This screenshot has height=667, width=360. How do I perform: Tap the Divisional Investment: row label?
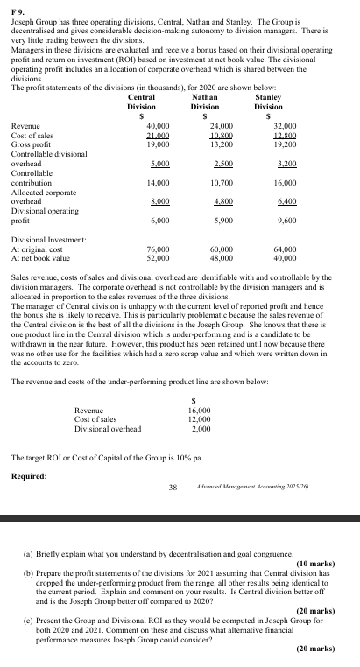(x=48, y=240)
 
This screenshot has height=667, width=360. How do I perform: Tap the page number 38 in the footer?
(x=173, y=488)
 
